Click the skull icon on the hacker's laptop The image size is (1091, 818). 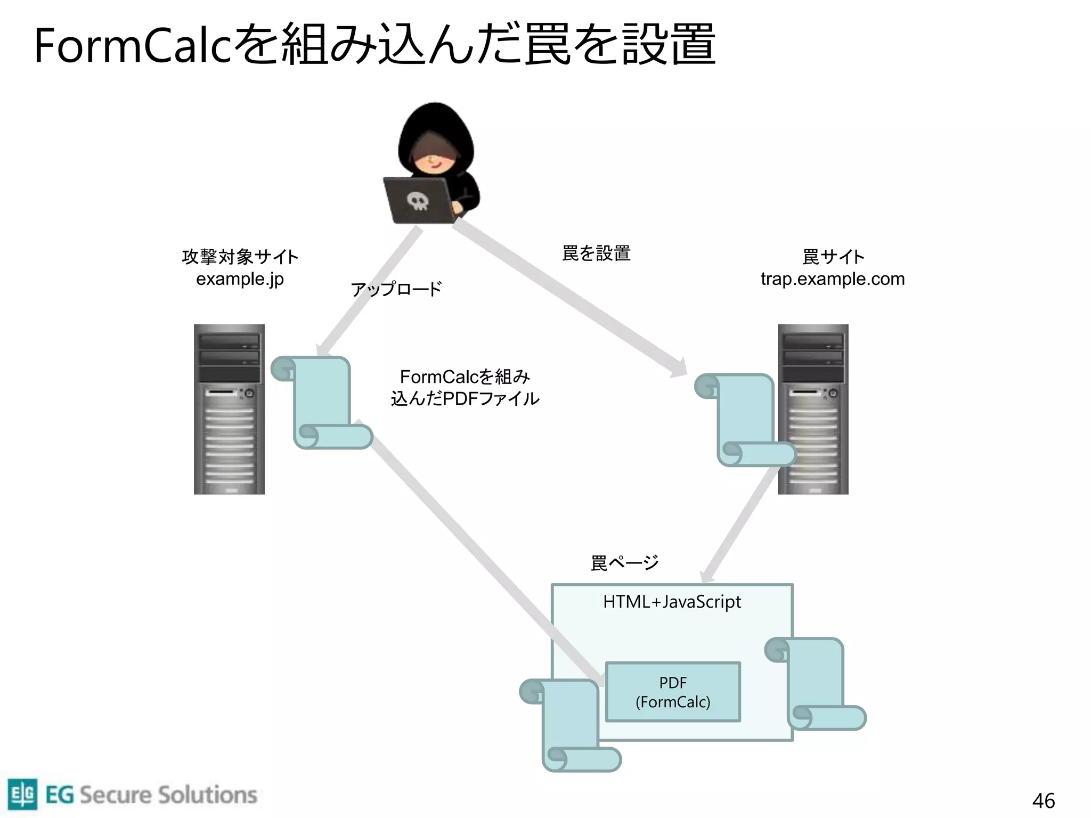[417, 201]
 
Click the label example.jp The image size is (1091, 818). [240, 279]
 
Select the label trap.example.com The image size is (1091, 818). [832, 279]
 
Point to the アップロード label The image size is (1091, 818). [396, 289]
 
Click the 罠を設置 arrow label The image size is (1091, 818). [596, 253]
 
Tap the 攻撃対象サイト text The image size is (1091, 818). [240, 257]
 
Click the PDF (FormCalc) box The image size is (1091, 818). [673, 692]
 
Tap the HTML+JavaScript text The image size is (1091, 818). [672, 602]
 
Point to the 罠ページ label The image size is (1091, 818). [624, 563]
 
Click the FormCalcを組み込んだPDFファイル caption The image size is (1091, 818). [465, 388]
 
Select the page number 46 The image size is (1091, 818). [1043, 800]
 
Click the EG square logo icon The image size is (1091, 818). [22, 794]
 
